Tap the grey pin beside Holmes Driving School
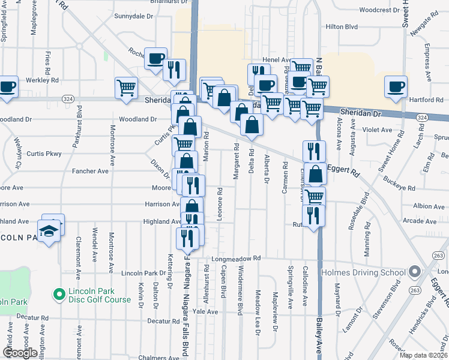[414, 272]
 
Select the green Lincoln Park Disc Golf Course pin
[59, 295]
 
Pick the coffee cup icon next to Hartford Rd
[396, 86]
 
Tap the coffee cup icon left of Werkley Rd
[8, 86]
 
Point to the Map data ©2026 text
[423, 355]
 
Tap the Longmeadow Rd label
[237, 259]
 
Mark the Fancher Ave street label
[91, 171]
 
